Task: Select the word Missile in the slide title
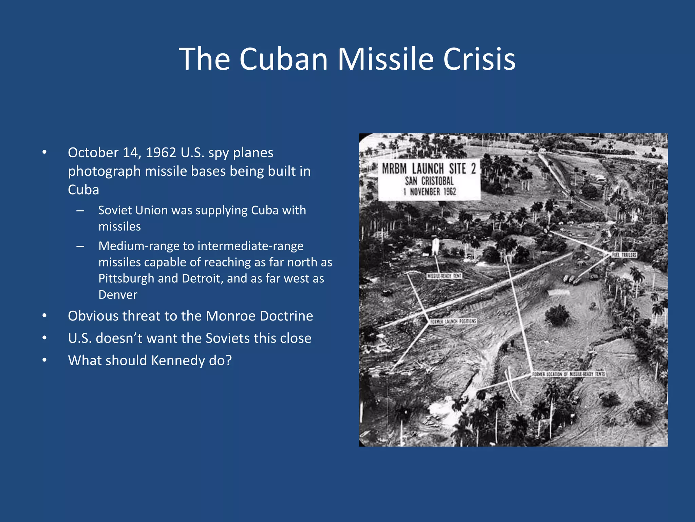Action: (386, 59)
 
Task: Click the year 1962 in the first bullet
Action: (161, 153)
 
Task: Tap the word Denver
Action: (118, 295)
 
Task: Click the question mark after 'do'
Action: (228, 360)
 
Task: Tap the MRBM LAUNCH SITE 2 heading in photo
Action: (429, 169)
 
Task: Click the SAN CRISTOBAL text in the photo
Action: (429, 181)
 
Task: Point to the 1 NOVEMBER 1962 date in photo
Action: (430, 192)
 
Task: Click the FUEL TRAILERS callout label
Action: (624, 255)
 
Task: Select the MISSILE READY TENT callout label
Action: (444, 276)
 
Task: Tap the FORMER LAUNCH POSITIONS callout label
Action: (453, 321)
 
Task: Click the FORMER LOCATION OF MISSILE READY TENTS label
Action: (569, 374)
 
